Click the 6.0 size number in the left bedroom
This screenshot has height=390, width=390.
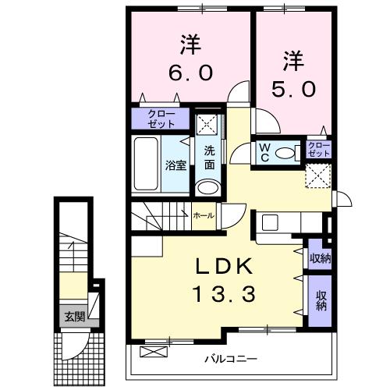click(190, 73)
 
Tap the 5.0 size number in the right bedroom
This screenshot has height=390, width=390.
click(294, 89)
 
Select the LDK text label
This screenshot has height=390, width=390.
click(224, 266)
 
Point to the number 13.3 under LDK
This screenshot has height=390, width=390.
click(224, 294)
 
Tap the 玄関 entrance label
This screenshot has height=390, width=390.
click(75, 317)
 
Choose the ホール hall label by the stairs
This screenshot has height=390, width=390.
click(204, 215)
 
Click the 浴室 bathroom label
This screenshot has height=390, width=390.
click(176, 165)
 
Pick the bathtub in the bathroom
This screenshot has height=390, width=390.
click(146, 164)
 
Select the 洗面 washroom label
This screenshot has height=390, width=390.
click(209, 158)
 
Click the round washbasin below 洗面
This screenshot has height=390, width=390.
click(207, 188)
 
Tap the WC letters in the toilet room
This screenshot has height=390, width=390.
click(264, 153)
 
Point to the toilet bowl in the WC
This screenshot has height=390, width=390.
click(284, 153)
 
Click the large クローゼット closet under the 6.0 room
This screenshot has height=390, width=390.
click(161, 119)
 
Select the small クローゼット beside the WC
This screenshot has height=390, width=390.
click(318, 150)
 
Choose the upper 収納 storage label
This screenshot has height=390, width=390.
click(320, 258)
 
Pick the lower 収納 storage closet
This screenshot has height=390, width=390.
click(320, 301)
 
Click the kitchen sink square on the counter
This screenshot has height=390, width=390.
click(270, 222)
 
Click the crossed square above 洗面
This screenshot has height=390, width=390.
click(207, 125)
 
